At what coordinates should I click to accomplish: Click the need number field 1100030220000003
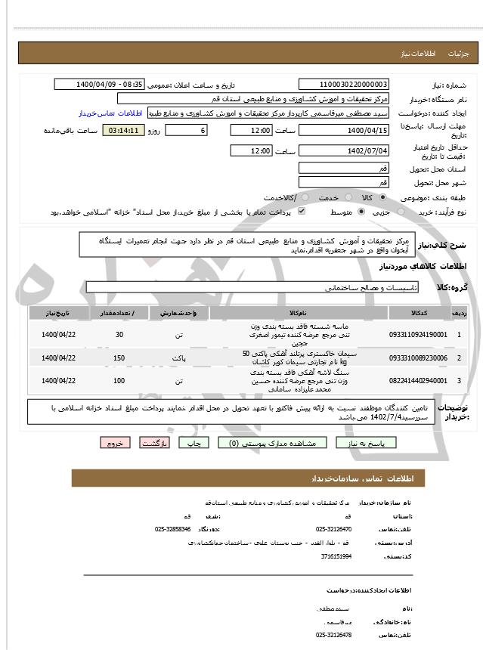pos(344,85)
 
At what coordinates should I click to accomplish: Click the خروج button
pos(116,444)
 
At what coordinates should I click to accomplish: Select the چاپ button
pos(196,444)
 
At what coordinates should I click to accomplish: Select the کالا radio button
pos(382,197)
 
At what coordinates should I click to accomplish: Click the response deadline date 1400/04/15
pos(344,130)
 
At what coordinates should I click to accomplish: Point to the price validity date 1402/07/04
pos(344,151)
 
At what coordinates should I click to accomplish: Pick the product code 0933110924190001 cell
pos(418,333)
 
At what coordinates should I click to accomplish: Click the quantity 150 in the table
pos(118,357)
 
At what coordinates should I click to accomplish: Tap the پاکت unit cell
pos(178,357)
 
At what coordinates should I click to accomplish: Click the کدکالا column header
pos(418,312)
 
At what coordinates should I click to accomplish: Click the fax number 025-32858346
pos(173,529)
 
